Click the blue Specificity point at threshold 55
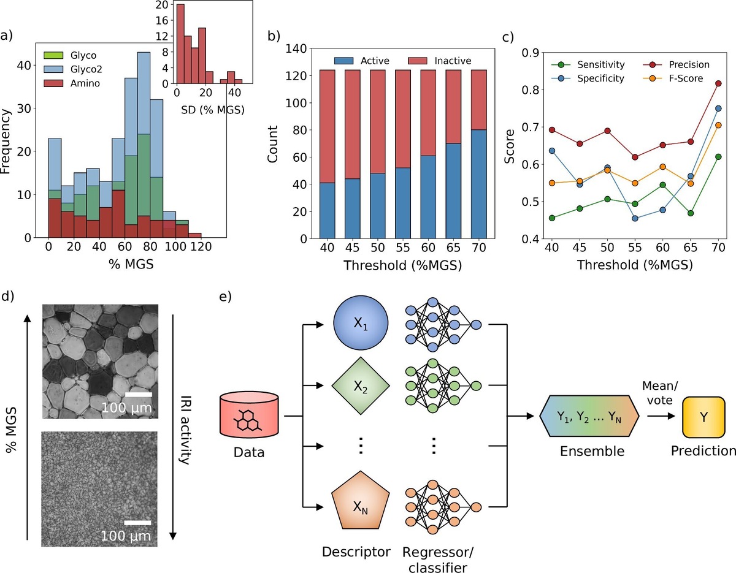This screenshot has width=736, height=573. pyautogui.click(x=635, y=219)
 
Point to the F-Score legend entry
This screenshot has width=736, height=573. pyautogui.click(x=677, y=78)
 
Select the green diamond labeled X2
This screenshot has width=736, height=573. pyautogui.click(x=360, y=385)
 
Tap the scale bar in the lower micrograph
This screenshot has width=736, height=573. pyautogui.click(x=138, y=523)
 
